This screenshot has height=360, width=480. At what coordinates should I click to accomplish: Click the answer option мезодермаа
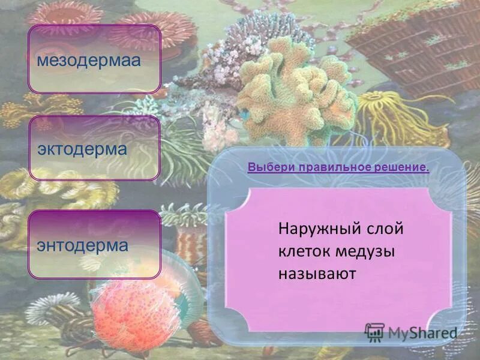coord(94,59)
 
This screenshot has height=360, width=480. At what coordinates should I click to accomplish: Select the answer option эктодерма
coord(94,148)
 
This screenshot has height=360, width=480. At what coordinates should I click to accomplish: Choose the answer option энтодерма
coord(94,244)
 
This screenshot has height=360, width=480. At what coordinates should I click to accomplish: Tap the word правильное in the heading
coord(327,166)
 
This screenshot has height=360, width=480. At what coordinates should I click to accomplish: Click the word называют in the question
coord(317,274)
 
